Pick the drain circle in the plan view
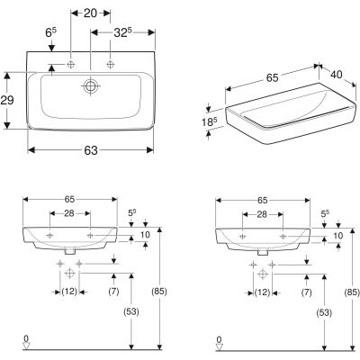tap(90, 87)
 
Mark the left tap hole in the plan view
tap(71, 65)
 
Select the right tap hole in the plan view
tap(111, 65)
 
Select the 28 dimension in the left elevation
tap(69, 214)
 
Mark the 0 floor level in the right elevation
tap(218, 340)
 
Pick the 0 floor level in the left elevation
tap(25, 340)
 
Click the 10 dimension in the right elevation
tap(338, 236)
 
